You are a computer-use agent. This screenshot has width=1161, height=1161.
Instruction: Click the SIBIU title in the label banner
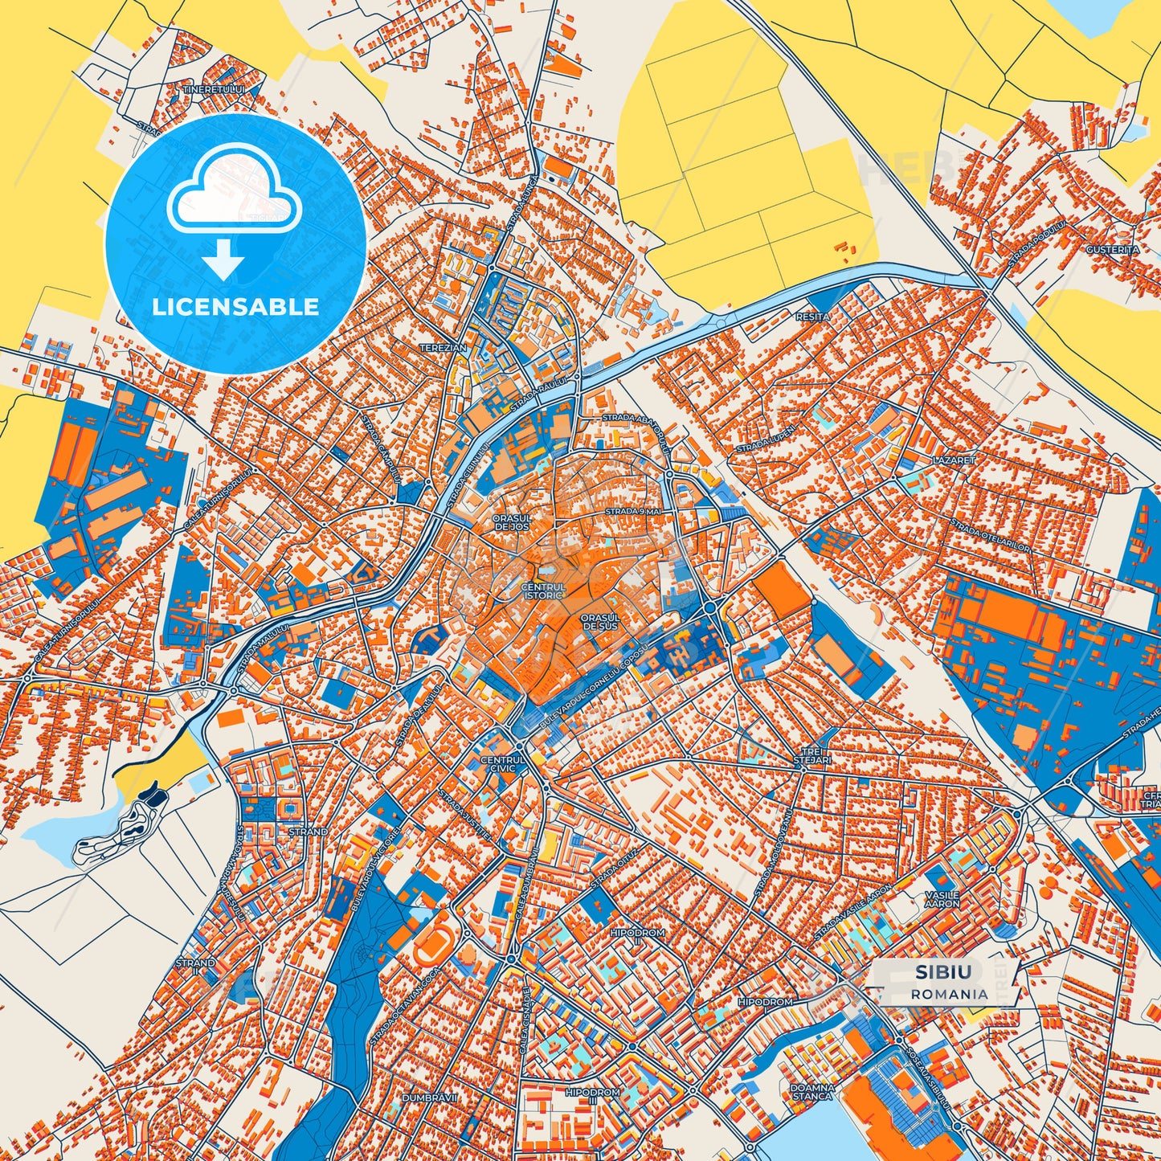point(942,972)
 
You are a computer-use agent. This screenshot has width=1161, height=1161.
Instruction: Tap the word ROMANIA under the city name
point(949,994)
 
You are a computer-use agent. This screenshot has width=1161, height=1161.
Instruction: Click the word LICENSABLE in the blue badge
point(235,307)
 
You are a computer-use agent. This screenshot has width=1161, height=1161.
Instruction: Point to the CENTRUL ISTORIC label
point(543,591)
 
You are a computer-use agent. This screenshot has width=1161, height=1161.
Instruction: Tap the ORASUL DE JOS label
point(512,523)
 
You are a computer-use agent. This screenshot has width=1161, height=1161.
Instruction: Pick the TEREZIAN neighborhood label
point(443,348)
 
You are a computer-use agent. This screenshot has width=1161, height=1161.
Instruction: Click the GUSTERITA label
point(1112,250)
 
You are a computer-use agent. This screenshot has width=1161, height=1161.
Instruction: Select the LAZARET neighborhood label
point(954,461)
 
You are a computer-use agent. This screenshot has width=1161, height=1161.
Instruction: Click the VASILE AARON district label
point(942,899)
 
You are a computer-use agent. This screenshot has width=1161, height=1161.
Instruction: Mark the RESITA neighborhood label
point(812,317)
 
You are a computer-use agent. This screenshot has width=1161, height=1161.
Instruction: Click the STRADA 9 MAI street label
point(632,512)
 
